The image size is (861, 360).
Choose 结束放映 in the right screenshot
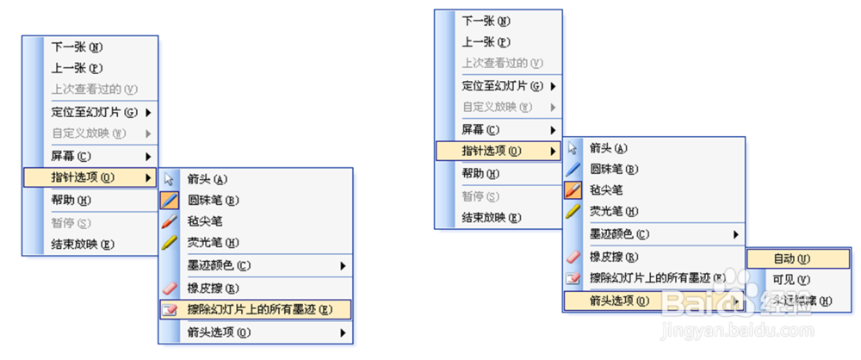pos(491,217)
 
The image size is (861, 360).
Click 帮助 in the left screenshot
pos(71,201)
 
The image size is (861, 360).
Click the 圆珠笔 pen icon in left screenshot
pos(170,201)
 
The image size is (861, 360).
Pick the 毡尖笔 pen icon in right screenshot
pos(573,190)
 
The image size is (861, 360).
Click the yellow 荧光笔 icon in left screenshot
pos(170,243)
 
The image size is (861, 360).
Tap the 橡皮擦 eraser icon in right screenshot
pos(573,257)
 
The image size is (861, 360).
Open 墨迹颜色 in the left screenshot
pos(219,265)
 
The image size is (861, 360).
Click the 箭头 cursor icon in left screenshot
pos(170,179)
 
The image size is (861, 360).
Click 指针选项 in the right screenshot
pos(491,152)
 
